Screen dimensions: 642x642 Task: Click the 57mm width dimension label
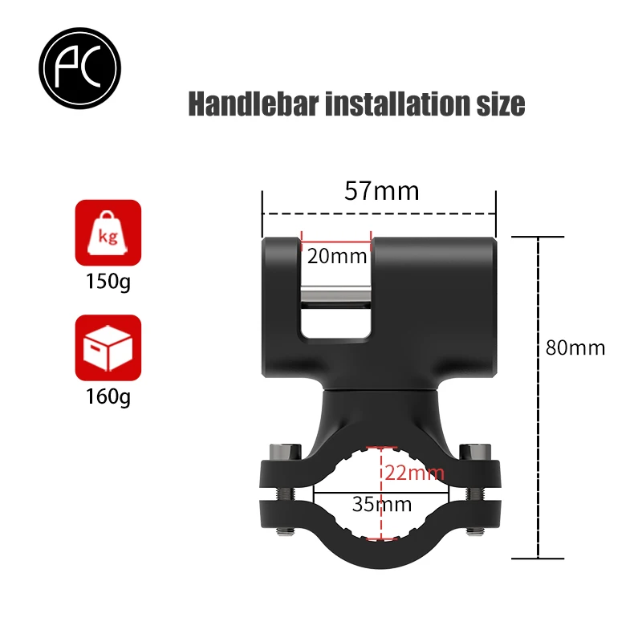tap(381, 191)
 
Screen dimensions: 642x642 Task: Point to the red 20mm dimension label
tap(336, 257)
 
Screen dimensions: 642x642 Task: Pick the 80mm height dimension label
tap(575, 348)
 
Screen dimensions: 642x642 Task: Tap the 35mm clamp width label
tap(381, 505)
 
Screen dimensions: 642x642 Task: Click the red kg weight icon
tap(108, 233)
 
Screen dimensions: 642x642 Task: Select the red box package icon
tap(108, 347)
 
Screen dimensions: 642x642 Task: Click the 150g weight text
tap(108, 282)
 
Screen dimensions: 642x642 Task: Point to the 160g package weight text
tap(108, 396)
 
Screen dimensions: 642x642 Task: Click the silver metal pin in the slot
tap(336, 298)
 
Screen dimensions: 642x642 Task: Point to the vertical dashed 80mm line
tap(538, 397)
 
